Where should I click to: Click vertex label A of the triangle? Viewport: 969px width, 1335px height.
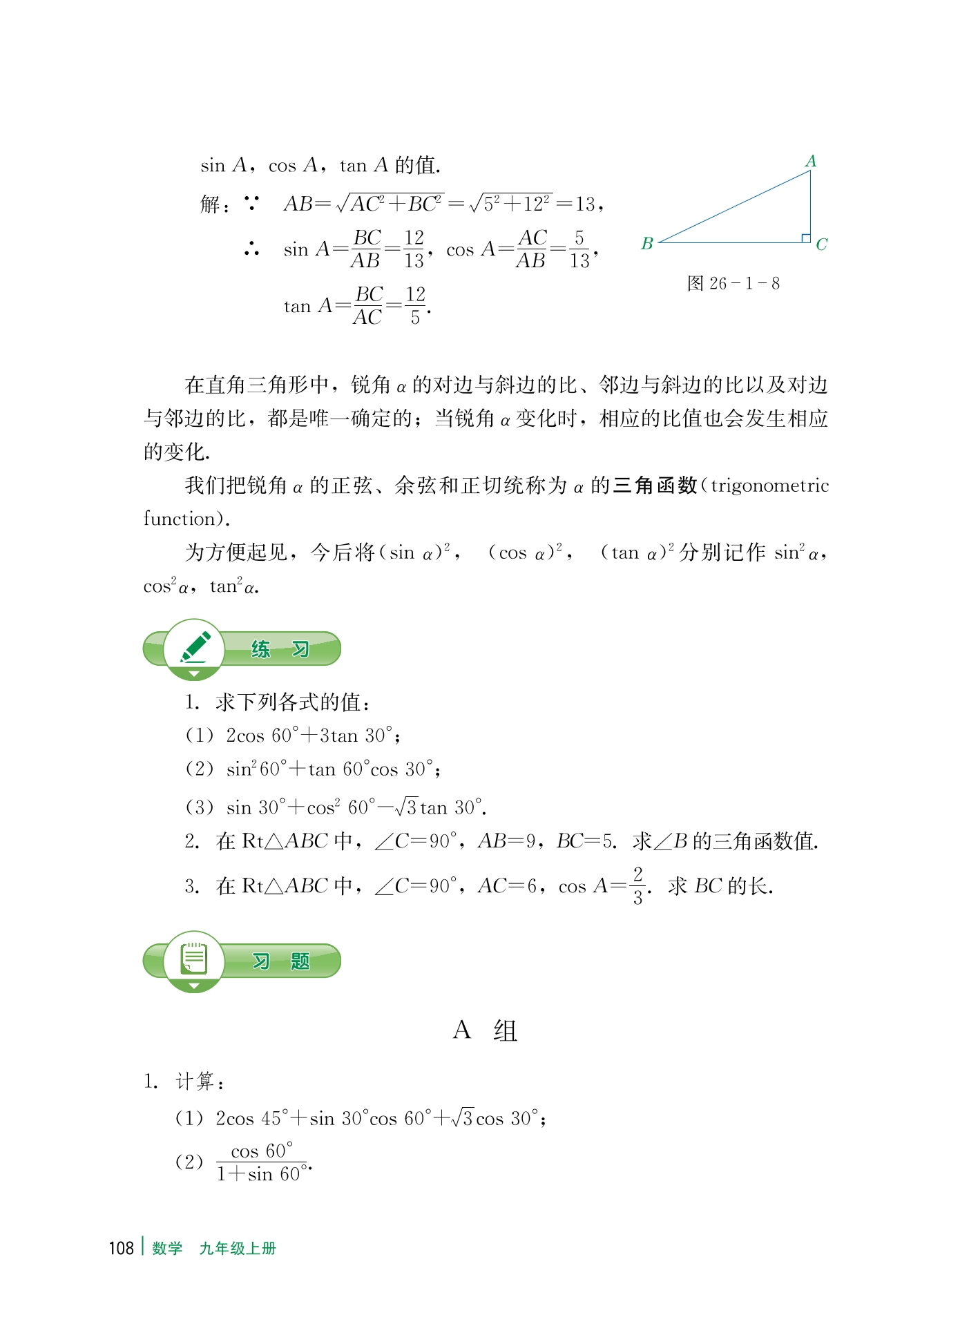pyautogui.click(x=811, y=161)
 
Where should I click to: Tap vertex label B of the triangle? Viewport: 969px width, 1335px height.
pyautogui.click(x=647, y=244)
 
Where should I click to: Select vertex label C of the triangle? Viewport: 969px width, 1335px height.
pyautogui.click(x=821, y=244)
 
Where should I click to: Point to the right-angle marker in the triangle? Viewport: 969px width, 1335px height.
pyautogui.click(x=805, y=238)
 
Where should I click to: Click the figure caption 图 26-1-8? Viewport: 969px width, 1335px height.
pyautogui.click(x=733, y=283)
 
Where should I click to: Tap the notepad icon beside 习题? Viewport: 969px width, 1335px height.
pyautogui.click(x=194, y=959)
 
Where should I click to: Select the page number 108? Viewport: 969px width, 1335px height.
pyautogui.click(x=121, y=1247)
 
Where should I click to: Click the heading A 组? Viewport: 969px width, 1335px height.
pyautogui.click(x=485, y=1030)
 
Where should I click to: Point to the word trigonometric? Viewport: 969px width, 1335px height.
pyautogui.click(x=769, y=486)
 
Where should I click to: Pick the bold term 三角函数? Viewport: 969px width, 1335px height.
pyautogui.click(x=655, y=486)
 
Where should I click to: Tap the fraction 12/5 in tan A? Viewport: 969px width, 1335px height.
pyautogui.click(x=415, y=305)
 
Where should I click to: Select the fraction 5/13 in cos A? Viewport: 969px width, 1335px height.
pyautogui.click(x=579, y=249)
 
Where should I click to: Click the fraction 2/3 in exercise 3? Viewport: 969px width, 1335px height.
pyautogui.click(x=637, y=885)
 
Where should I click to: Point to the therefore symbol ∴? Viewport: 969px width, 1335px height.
pyautogui.click(x=251, y=249)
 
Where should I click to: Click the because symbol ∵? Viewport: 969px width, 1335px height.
pyautogui.click(x=251, y=204)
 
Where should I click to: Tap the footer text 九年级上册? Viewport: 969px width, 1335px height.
pyautogui.click(x=238, y=1248)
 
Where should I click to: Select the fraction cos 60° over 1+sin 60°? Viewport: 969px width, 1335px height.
pyautogui.click(x=261, y=1162)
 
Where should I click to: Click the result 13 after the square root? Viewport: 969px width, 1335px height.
pyautogui.click(x=585, y=204)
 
